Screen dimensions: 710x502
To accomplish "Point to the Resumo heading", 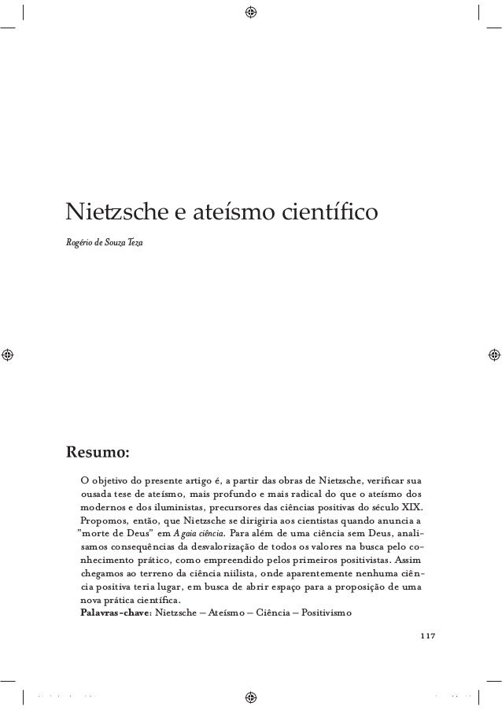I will point(98,454).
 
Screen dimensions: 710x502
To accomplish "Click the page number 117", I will point(427,635).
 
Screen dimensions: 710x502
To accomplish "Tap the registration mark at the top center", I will point(251,12).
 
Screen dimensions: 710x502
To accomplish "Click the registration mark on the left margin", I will point(7,355).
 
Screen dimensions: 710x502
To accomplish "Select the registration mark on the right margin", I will point(495,355).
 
